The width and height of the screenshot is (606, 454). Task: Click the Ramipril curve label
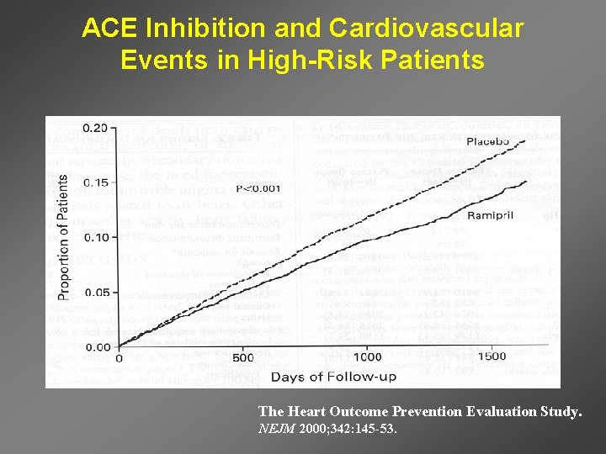click(491, 216)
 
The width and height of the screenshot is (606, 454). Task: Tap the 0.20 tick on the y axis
click(98, 129)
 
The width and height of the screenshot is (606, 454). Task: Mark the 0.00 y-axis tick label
click(98, 346)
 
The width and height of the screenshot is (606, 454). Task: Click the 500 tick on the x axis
click(242, 357)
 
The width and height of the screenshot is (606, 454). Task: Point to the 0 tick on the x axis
click(118, 357)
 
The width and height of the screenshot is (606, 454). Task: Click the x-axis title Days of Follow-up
click(333, 377)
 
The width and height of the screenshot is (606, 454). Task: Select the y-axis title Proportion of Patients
click(64, 237)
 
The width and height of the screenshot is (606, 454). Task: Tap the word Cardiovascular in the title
click(427, 29)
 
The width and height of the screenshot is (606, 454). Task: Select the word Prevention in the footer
click(409, 411)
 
